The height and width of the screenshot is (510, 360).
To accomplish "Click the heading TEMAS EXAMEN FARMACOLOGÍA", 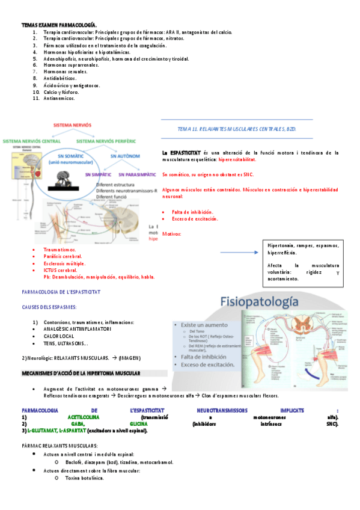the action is click(50, 24).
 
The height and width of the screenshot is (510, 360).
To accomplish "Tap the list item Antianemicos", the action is click(59, 98).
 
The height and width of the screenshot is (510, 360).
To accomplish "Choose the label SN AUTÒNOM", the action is click(125, 156).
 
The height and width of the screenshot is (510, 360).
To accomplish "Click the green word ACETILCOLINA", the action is click(84, 417).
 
